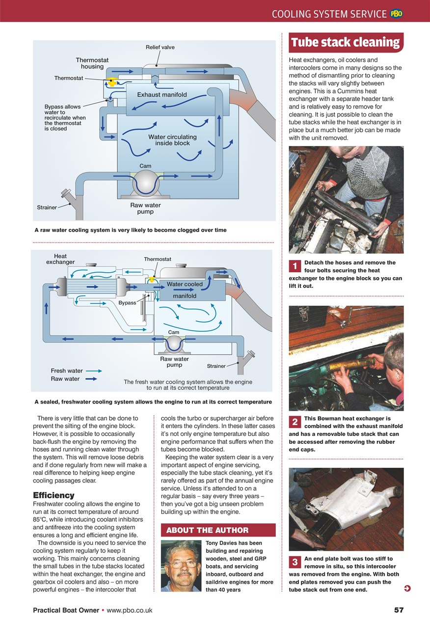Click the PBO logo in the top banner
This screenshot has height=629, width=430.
click(x=396, y=14)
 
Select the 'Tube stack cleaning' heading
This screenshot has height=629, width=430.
click(x=346, y=42)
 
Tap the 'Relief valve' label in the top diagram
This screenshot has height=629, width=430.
click(x=160, y=47)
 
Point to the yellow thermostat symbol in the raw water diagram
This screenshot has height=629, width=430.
click(x=112, y=82)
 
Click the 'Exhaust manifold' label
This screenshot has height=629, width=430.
click(x=161, y=94)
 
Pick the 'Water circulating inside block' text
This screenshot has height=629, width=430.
click(x=172, y=140)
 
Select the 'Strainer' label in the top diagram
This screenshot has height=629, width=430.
click(x=47, y=207)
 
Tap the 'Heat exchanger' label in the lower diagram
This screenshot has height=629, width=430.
click(x=60, y=259)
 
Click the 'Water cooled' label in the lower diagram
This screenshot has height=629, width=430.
click(x=185, y=284)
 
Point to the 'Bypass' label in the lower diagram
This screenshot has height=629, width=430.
click(x=127, y=303)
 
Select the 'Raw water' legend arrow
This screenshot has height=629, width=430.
click(x=91, y=379)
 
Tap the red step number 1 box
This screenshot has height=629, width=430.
click(x=295, y=266)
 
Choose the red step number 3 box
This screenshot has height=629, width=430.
click(x=295, y=562)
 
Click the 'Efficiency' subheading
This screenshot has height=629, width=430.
click(x=54, y=495)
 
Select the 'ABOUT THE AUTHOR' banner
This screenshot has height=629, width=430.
click(x=218, y=530)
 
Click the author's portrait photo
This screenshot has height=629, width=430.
click(x=181, y=565)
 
